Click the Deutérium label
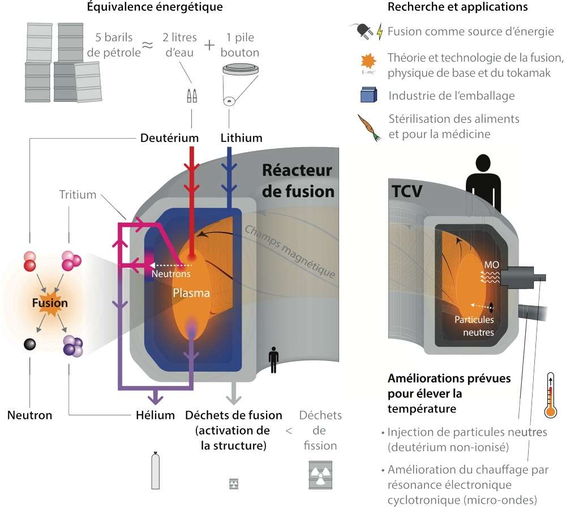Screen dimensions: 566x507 click(169, 138)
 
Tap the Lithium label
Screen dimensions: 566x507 click(241, 138)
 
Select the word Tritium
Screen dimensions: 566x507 click(78, 195)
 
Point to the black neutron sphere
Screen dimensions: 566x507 click(29, 344)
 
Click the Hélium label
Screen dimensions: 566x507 click(155, 415)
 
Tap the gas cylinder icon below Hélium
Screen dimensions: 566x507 click(156, 470)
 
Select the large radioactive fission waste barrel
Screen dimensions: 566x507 click(320, 475)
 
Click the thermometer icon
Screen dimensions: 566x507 click(550, 396)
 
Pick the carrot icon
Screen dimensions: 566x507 click(369, 127)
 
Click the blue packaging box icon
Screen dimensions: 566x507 click(369, 95)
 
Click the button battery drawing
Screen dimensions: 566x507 click(241, 70)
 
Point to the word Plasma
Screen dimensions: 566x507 click(191, 293)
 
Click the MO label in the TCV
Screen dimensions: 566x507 click(491, 265)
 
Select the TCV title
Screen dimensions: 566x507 click(407, 191)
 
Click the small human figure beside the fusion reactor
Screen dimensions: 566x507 click(273, 360)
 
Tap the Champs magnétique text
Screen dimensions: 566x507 click(290, 251)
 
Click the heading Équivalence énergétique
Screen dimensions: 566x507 click(155, 7)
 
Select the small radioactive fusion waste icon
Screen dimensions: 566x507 click(234, 484)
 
